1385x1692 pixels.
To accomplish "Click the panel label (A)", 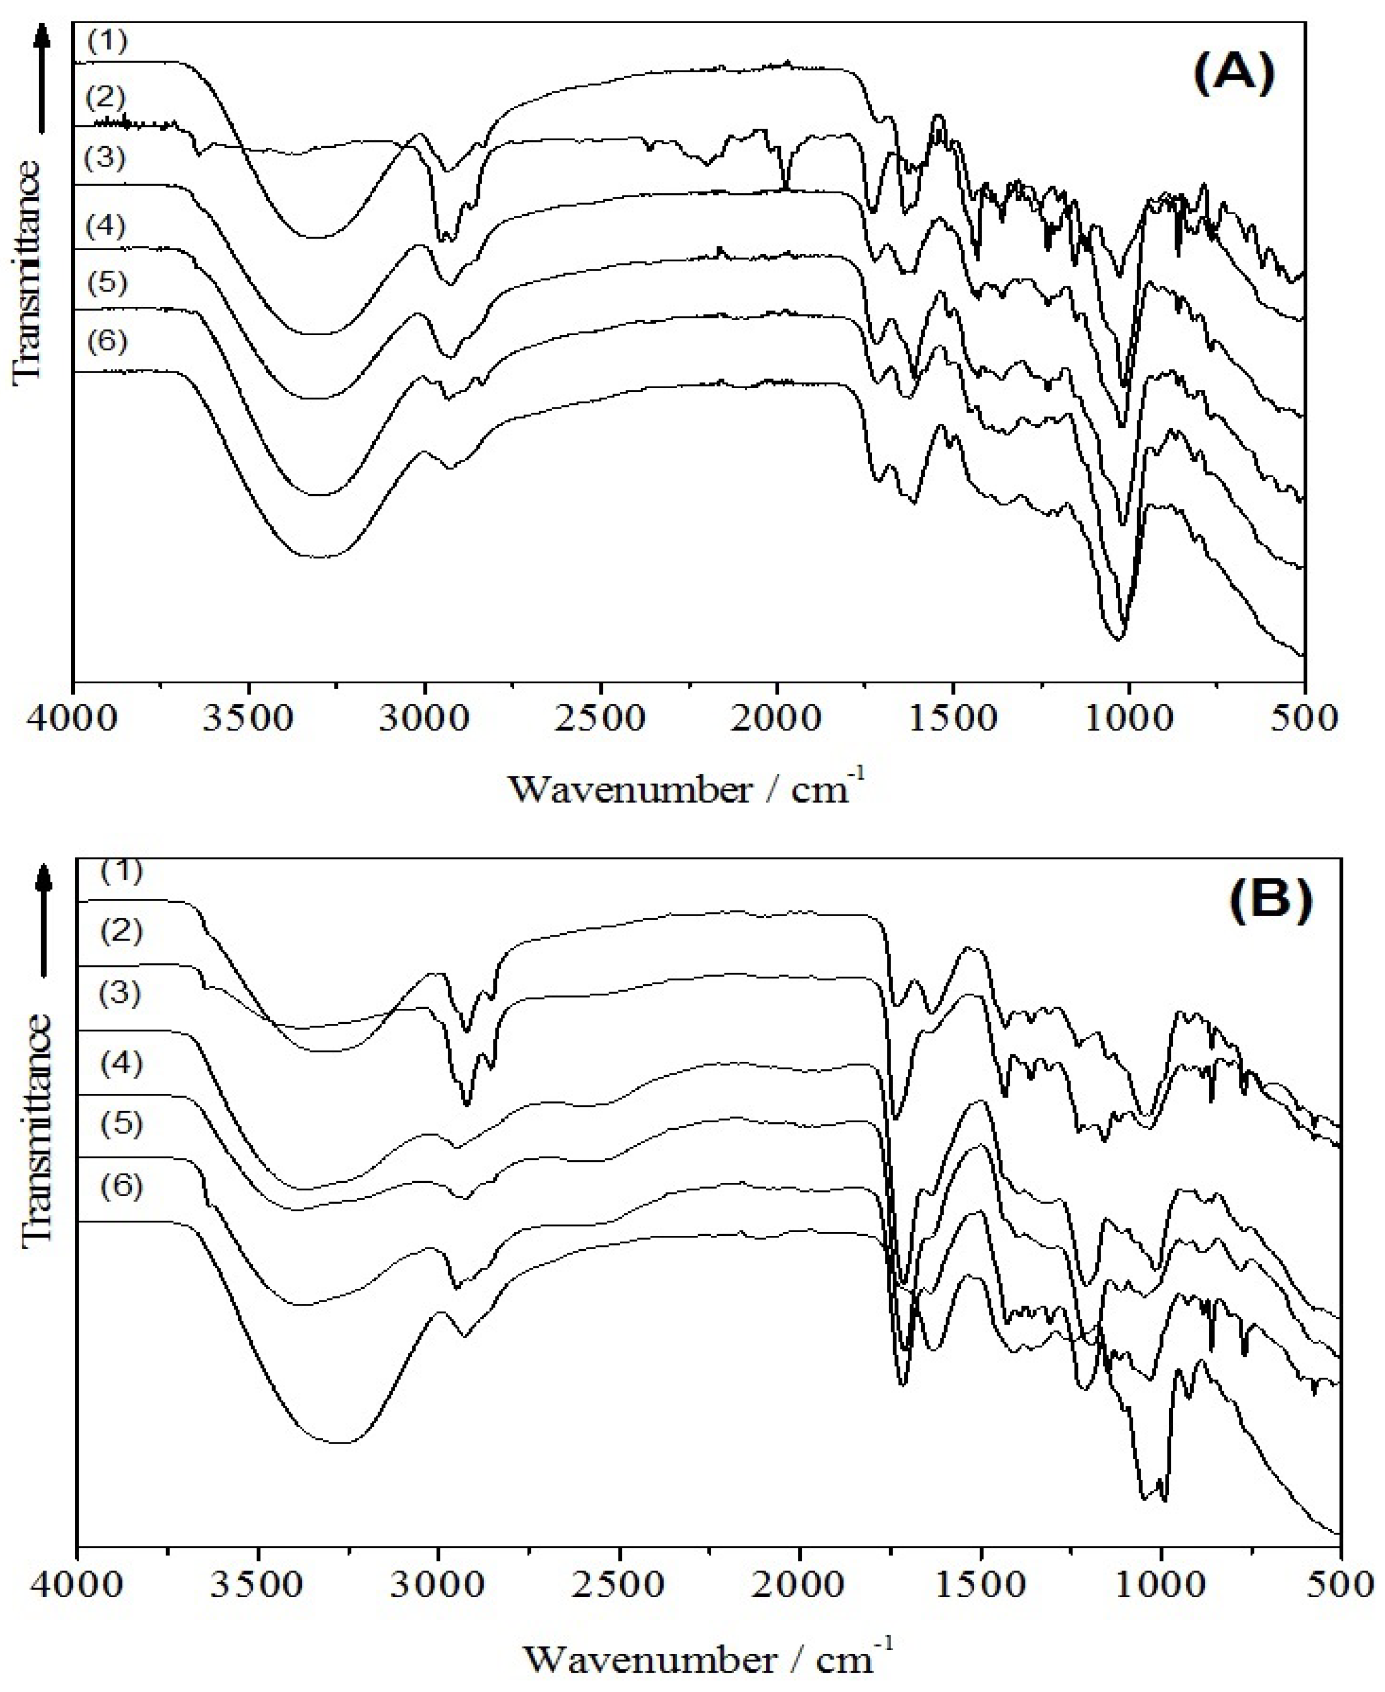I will (x=1233, y=77).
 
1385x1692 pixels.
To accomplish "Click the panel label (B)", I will (x=1270, y=902).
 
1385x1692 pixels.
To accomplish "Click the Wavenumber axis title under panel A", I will (x=686, y=788).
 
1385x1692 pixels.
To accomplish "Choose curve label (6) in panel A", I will (x=107, y=341).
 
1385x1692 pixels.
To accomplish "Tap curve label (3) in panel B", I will (x=121, y=994).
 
